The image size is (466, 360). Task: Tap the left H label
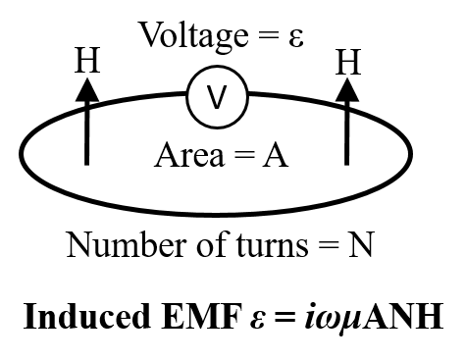point(87,61)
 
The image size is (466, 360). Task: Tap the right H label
point(346,61)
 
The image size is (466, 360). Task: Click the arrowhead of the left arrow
point(87,87)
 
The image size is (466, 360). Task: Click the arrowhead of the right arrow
point(346,87)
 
